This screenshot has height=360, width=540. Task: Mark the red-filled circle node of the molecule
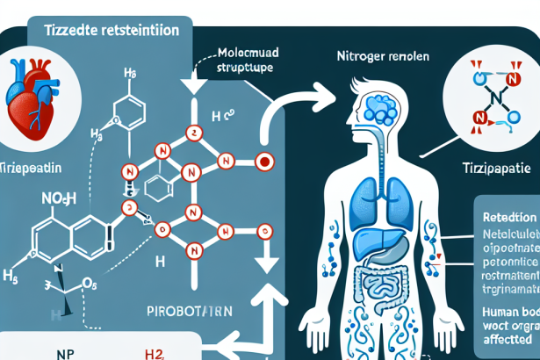pos(263,162)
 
